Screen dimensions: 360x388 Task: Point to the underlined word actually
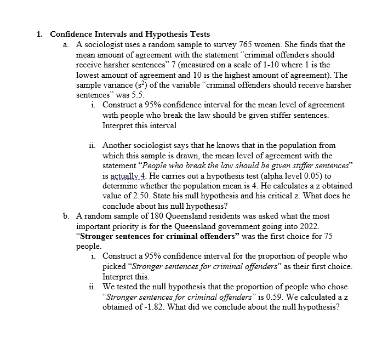click(x=125, y=176)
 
